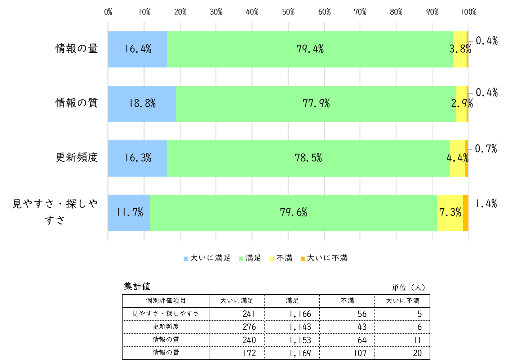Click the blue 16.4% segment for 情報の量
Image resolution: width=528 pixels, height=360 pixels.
pos(138,49)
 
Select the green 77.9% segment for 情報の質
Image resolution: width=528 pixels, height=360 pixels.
pos(316,104)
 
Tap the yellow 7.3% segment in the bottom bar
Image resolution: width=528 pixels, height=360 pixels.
pos(450,213)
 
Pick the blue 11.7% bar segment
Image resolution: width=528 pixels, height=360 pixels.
pos(129,213)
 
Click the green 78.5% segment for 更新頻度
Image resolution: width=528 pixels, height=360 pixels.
pos(308,159)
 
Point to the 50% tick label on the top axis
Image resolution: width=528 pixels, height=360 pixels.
pos(288,12)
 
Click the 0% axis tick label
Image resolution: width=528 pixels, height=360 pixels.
pos(108,12)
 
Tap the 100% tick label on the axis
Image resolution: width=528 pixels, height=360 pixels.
pos(469,12)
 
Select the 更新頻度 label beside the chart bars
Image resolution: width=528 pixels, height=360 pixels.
pos(77,157)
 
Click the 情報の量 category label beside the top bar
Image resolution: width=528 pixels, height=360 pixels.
pos(77,49)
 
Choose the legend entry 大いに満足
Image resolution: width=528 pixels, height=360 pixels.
pos(207,258)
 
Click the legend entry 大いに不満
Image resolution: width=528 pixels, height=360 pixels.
pos(324,258)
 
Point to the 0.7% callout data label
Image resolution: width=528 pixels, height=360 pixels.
pos(486,149)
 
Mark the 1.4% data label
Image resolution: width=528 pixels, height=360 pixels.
pos(486,204)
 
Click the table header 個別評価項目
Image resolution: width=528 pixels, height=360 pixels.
pos(166,301)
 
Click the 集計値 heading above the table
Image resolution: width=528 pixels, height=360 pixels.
pos(137,286)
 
